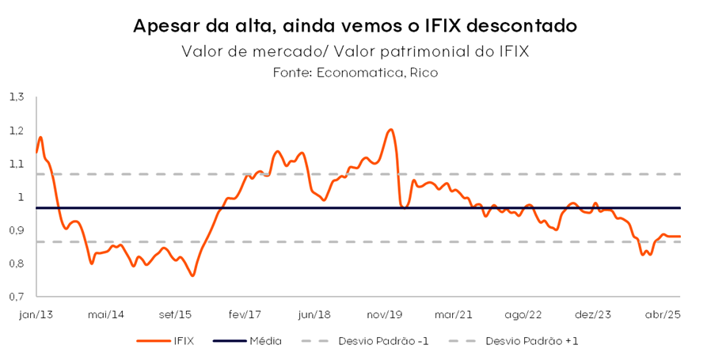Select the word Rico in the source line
point(424,73)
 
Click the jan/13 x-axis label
point(36,314)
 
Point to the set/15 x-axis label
point(177,314)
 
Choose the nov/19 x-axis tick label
point(387,314)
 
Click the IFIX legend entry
point(181,341)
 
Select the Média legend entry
point(264,341)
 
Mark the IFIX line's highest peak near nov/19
point(390,130)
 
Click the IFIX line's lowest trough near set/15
point(192,275)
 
